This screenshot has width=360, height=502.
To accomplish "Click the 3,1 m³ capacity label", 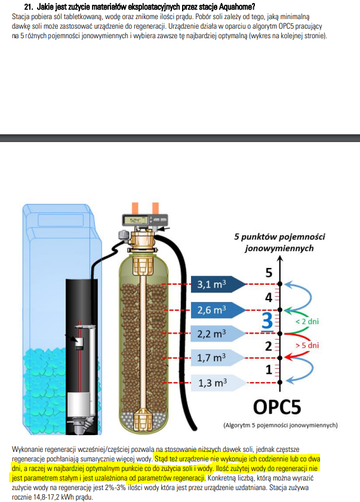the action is tap(211, 284).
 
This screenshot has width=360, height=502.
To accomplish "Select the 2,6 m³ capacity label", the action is tap(211, 310).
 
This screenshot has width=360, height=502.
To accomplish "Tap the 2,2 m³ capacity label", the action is tap(211, 334).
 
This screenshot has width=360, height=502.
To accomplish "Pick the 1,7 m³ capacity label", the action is tap(211, 358).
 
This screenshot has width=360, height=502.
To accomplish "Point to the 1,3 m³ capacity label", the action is tap(213, 383).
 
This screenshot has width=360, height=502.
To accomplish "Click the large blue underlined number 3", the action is tap(267, 321).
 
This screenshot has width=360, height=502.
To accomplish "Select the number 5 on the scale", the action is tap(269, 273).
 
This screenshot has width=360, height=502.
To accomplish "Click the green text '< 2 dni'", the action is tap(307, 321).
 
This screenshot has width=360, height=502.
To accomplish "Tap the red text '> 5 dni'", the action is tap(307, 345).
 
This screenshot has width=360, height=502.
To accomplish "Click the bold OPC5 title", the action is tap(277, 407).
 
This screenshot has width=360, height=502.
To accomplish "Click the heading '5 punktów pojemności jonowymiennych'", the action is tap(279, 242).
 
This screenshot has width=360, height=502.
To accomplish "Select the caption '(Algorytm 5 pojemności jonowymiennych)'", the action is tap(280, 425).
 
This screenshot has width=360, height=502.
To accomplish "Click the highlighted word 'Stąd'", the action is tap(161, 459).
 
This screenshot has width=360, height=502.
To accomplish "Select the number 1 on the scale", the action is tap(269, 369).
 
